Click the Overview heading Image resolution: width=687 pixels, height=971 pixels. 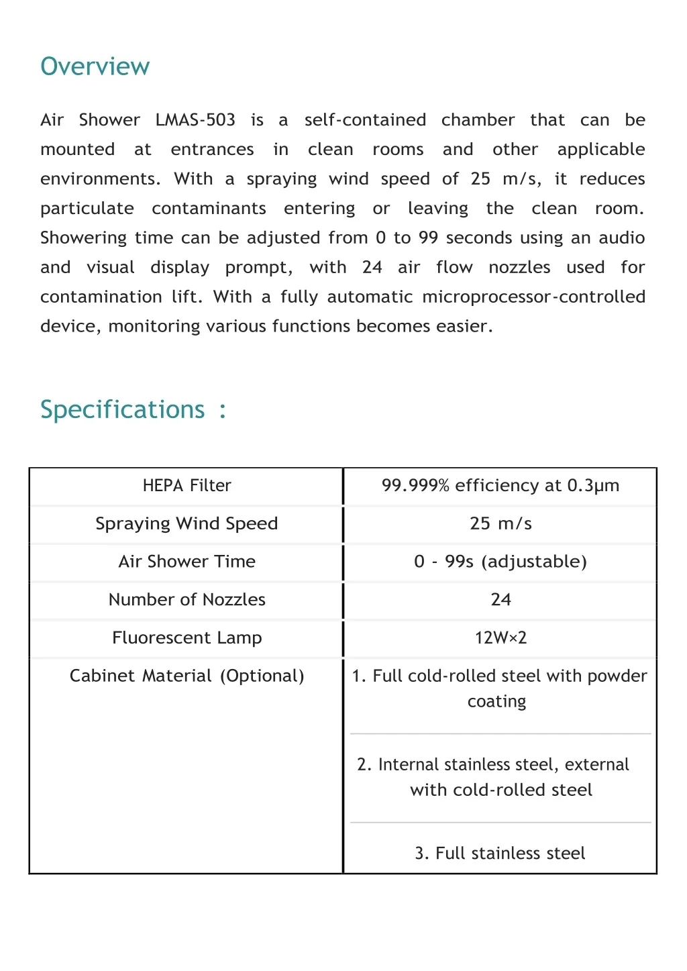click(95, 66)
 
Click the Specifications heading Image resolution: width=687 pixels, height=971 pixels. click(122, 409)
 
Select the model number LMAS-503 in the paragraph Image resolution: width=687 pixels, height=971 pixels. click(195, 120)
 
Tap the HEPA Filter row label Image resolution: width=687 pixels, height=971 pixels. click(187, 485)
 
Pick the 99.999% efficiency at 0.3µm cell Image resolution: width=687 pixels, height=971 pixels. click(500, 485)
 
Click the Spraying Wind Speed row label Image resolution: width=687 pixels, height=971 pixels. click(187, 523)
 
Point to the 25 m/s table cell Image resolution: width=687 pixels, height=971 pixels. click(500, 523)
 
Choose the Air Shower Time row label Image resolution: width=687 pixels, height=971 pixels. click(187, 562)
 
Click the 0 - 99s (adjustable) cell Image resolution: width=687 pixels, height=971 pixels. click(500, 562)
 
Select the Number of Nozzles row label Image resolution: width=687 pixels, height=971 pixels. click(187, 599)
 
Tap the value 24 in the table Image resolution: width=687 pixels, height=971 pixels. click(500, 599)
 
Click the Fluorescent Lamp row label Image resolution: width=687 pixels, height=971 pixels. click(187, 637)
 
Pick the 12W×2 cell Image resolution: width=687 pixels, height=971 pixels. click(500, 637)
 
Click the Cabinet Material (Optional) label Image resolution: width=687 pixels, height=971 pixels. click(187, 676)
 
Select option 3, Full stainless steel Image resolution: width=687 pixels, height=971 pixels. click(500, 853)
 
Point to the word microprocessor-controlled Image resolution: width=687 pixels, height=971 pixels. click(533, 297)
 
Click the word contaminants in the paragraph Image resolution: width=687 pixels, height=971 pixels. click(209, 209)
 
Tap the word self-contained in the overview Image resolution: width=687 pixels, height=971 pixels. click(365, 120)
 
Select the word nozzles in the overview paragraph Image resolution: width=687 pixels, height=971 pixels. click(519, 267)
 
